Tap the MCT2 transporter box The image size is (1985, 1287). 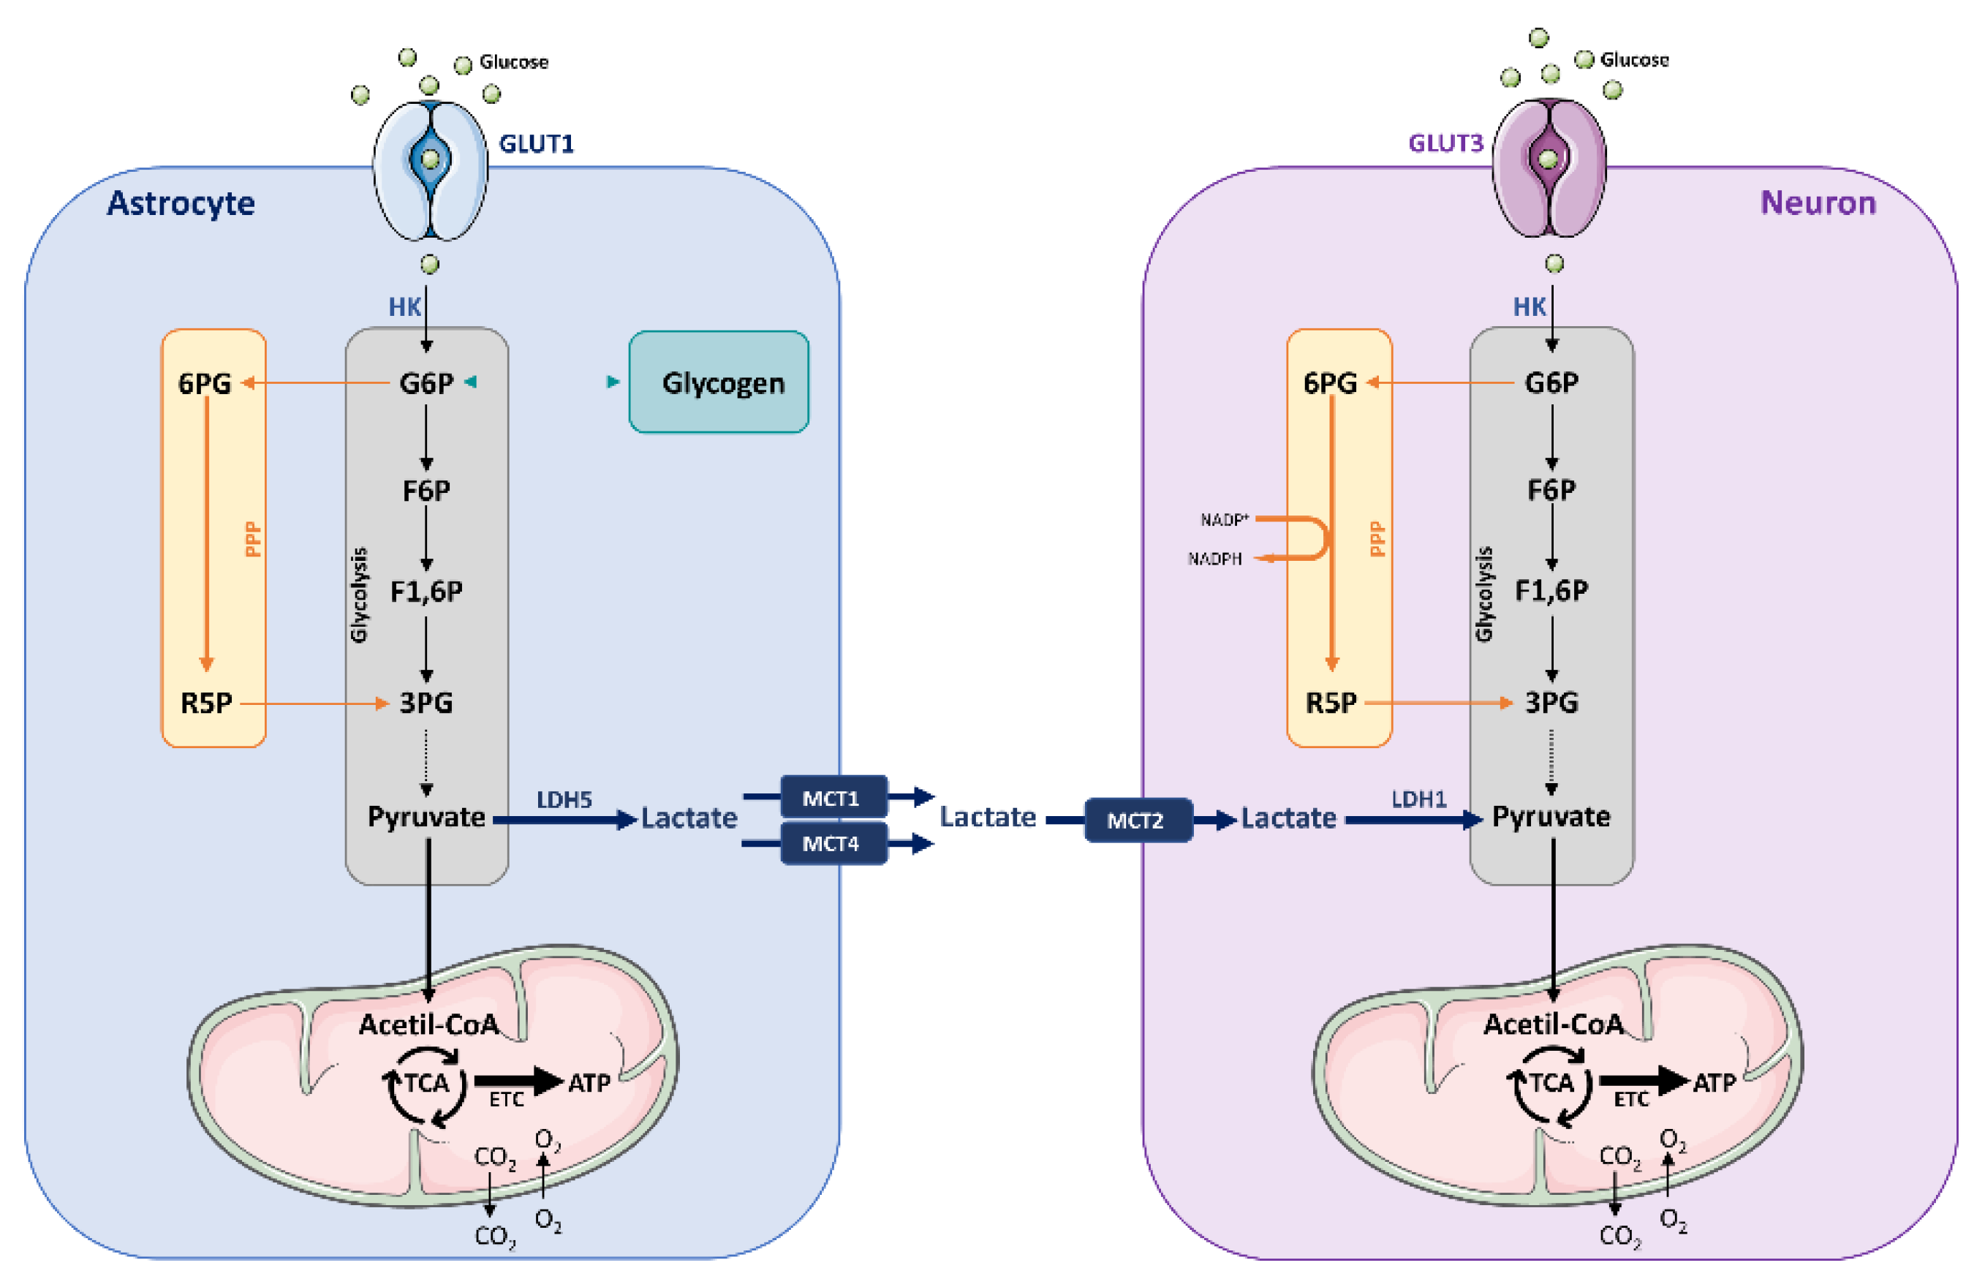coord(1138,820)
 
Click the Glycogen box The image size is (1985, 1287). coord(719,382)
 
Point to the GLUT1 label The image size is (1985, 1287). coord(537,144)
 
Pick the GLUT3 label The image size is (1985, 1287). coord(1446,143)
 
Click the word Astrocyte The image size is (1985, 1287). coord(181,203)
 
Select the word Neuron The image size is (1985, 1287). coord(1818,203)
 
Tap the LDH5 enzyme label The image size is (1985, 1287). coord(564,800)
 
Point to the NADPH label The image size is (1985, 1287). coord(1215,559)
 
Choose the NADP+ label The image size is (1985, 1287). coord(1225,520)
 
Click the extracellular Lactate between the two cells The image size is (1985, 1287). coord(988,817)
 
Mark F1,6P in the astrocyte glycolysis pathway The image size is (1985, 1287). coord(426,592)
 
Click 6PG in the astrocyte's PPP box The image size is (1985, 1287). coord(204,384)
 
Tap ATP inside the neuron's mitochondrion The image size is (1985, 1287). coord(1714,1084)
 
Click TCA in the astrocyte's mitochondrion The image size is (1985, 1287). coord(427,1084)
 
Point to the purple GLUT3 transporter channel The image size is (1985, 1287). coord(1549,167)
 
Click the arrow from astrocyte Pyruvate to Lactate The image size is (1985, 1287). coord(565,820)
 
